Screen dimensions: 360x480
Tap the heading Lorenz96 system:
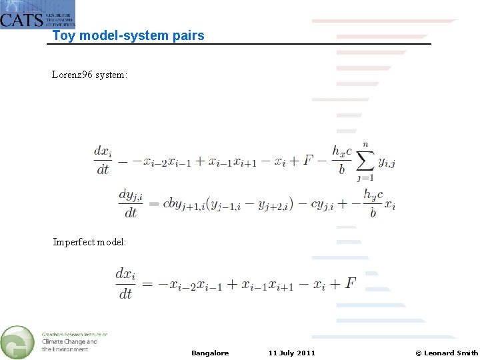point(89,75)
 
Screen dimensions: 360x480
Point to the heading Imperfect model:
point(89,242)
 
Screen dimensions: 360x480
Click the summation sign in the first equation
point(365,161)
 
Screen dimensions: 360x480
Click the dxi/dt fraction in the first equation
point(103,160)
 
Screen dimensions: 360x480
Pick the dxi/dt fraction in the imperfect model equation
point(125,283)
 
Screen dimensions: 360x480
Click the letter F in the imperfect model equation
point(351,283)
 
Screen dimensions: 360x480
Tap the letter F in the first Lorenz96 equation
point(308,160)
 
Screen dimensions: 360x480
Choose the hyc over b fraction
point(373,203)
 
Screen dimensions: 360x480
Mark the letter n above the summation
point(365,143)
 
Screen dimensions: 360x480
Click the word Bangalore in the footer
point(210,353)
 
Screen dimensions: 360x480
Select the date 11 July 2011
point(291,353)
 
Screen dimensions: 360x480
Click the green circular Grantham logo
point(18,341)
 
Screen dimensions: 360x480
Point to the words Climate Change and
point(69,342)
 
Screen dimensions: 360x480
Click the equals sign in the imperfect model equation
point(147,284)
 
